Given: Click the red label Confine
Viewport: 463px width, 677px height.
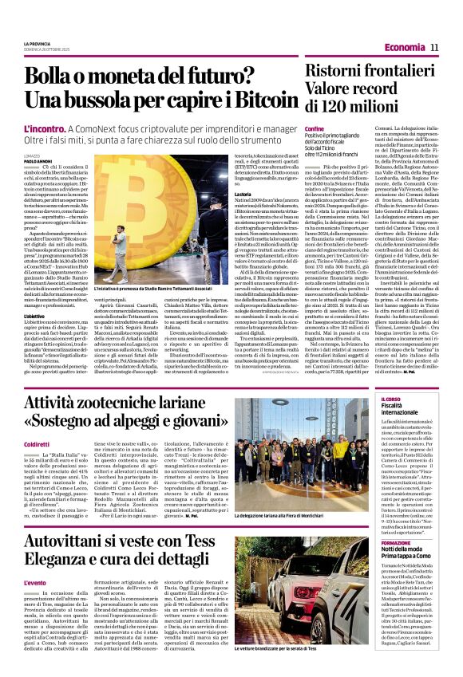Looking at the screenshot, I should click(315, 128).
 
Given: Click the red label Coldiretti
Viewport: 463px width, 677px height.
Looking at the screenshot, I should click(37, 443).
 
